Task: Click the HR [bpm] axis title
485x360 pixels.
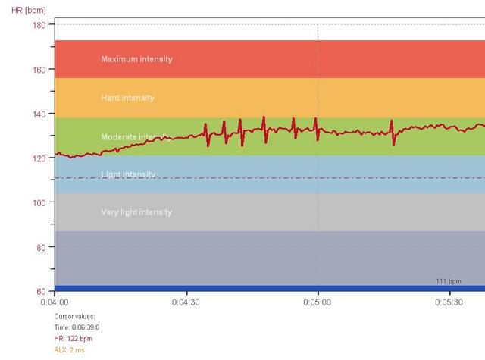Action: point(29,11)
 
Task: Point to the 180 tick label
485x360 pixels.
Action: point(39,25)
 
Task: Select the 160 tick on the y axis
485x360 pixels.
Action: point(39,70)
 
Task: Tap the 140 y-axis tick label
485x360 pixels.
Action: point(39,114)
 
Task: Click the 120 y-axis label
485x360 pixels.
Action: point(39,158)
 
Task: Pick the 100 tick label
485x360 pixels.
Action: point(39,203)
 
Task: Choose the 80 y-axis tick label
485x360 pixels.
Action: point(41,247)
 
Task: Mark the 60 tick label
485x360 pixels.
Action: point(41,291)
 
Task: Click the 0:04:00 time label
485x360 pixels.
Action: point(55,302)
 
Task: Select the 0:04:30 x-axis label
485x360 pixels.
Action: point(186,302)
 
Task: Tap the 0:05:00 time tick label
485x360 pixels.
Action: point(317,302)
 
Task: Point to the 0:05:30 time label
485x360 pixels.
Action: point(449,302)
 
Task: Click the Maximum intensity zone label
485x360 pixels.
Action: point(136,59)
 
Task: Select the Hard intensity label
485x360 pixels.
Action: point(127,98)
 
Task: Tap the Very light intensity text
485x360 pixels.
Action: point(136,212)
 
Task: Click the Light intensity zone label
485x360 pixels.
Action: point(128,174)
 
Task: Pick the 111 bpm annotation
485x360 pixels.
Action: point(449,281)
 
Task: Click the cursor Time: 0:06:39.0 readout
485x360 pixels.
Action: point(77,327)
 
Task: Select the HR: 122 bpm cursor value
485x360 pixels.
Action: point(74,339)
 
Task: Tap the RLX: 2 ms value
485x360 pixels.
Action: point(69,350)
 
